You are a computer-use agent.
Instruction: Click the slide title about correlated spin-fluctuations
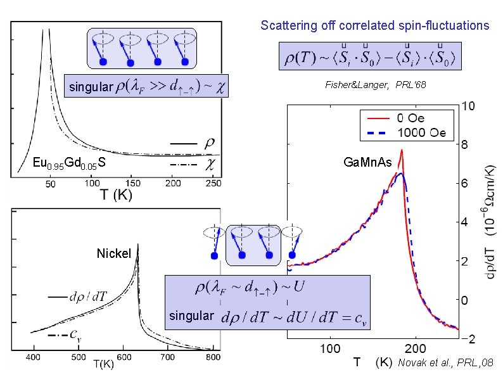click(374, 26)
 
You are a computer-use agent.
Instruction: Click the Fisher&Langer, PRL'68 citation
click(371, 84)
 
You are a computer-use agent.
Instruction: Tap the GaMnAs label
click(367, 163)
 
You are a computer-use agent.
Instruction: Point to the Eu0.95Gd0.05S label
click(69, 163)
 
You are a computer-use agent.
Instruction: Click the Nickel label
click(114, 254)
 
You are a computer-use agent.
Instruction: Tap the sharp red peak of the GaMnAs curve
click(402, 151)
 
